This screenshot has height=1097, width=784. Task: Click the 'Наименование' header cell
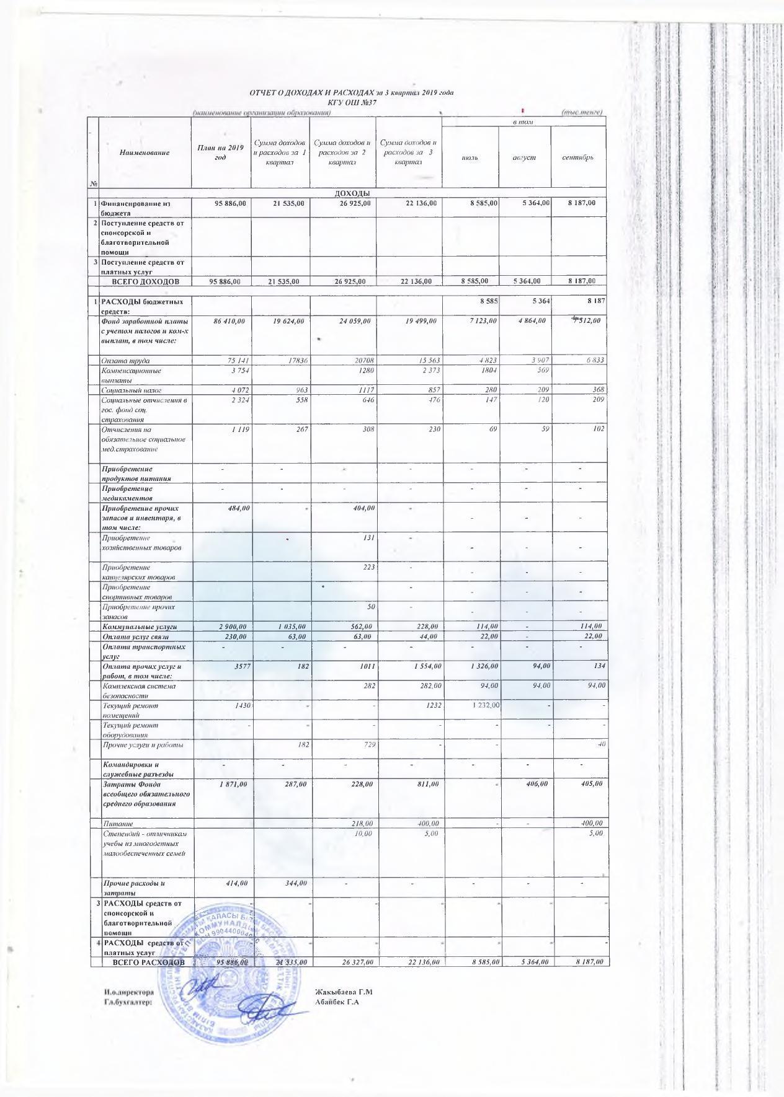144,152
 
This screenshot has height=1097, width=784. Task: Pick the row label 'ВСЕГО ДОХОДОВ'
145,281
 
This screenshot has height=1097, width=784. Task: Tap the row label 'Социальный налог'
131,390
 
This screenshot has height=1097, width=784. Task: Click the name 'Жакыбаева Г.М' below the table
343,992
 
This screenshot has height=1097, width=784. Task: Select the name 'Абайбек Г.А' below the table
337,1002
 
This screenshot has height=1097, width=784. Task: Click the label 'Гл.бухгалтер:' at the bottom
128,1002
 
